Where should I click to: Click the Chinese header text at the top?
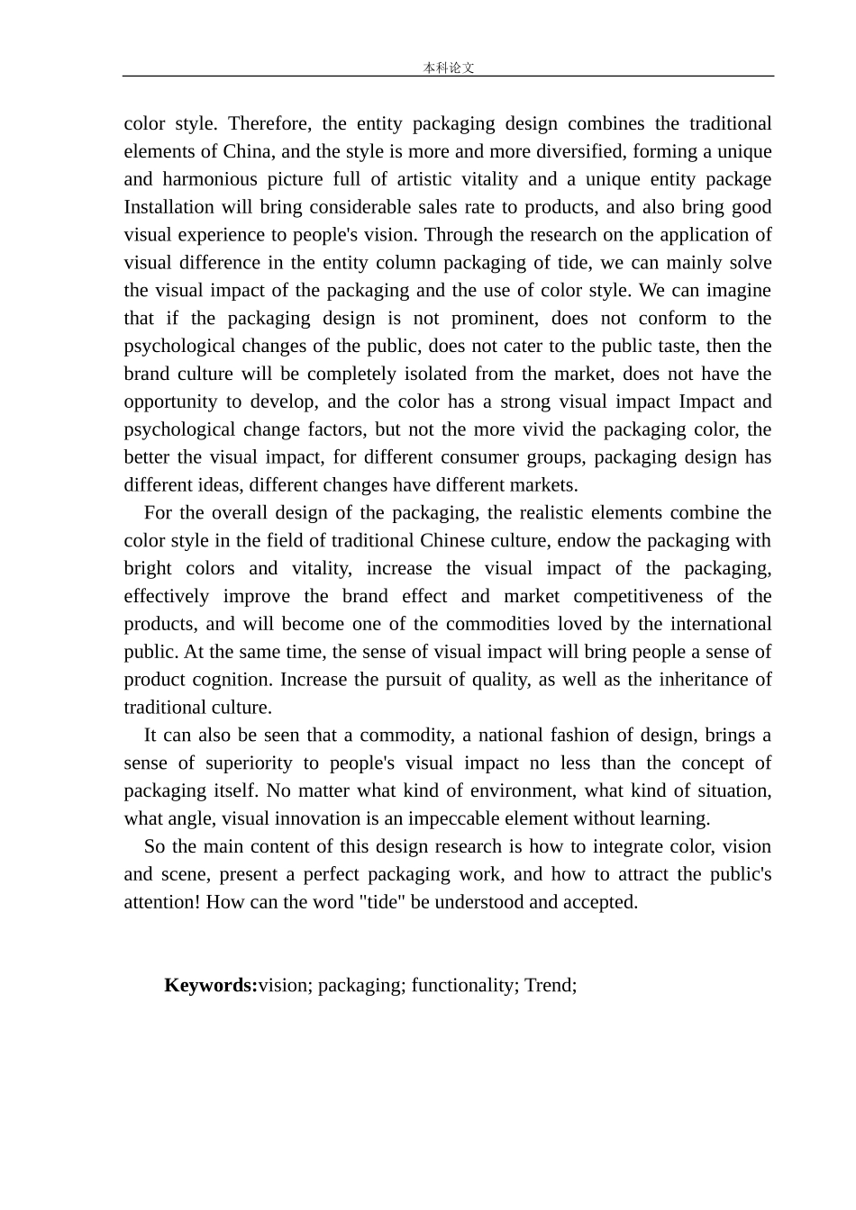point(448,68)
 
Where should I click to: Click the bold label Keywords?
point(211,985)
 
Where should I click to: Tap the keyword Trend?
point(550,985)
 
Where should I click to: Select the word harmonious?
point(210,179)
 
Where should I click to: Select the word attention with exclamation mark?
point(162,902)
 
